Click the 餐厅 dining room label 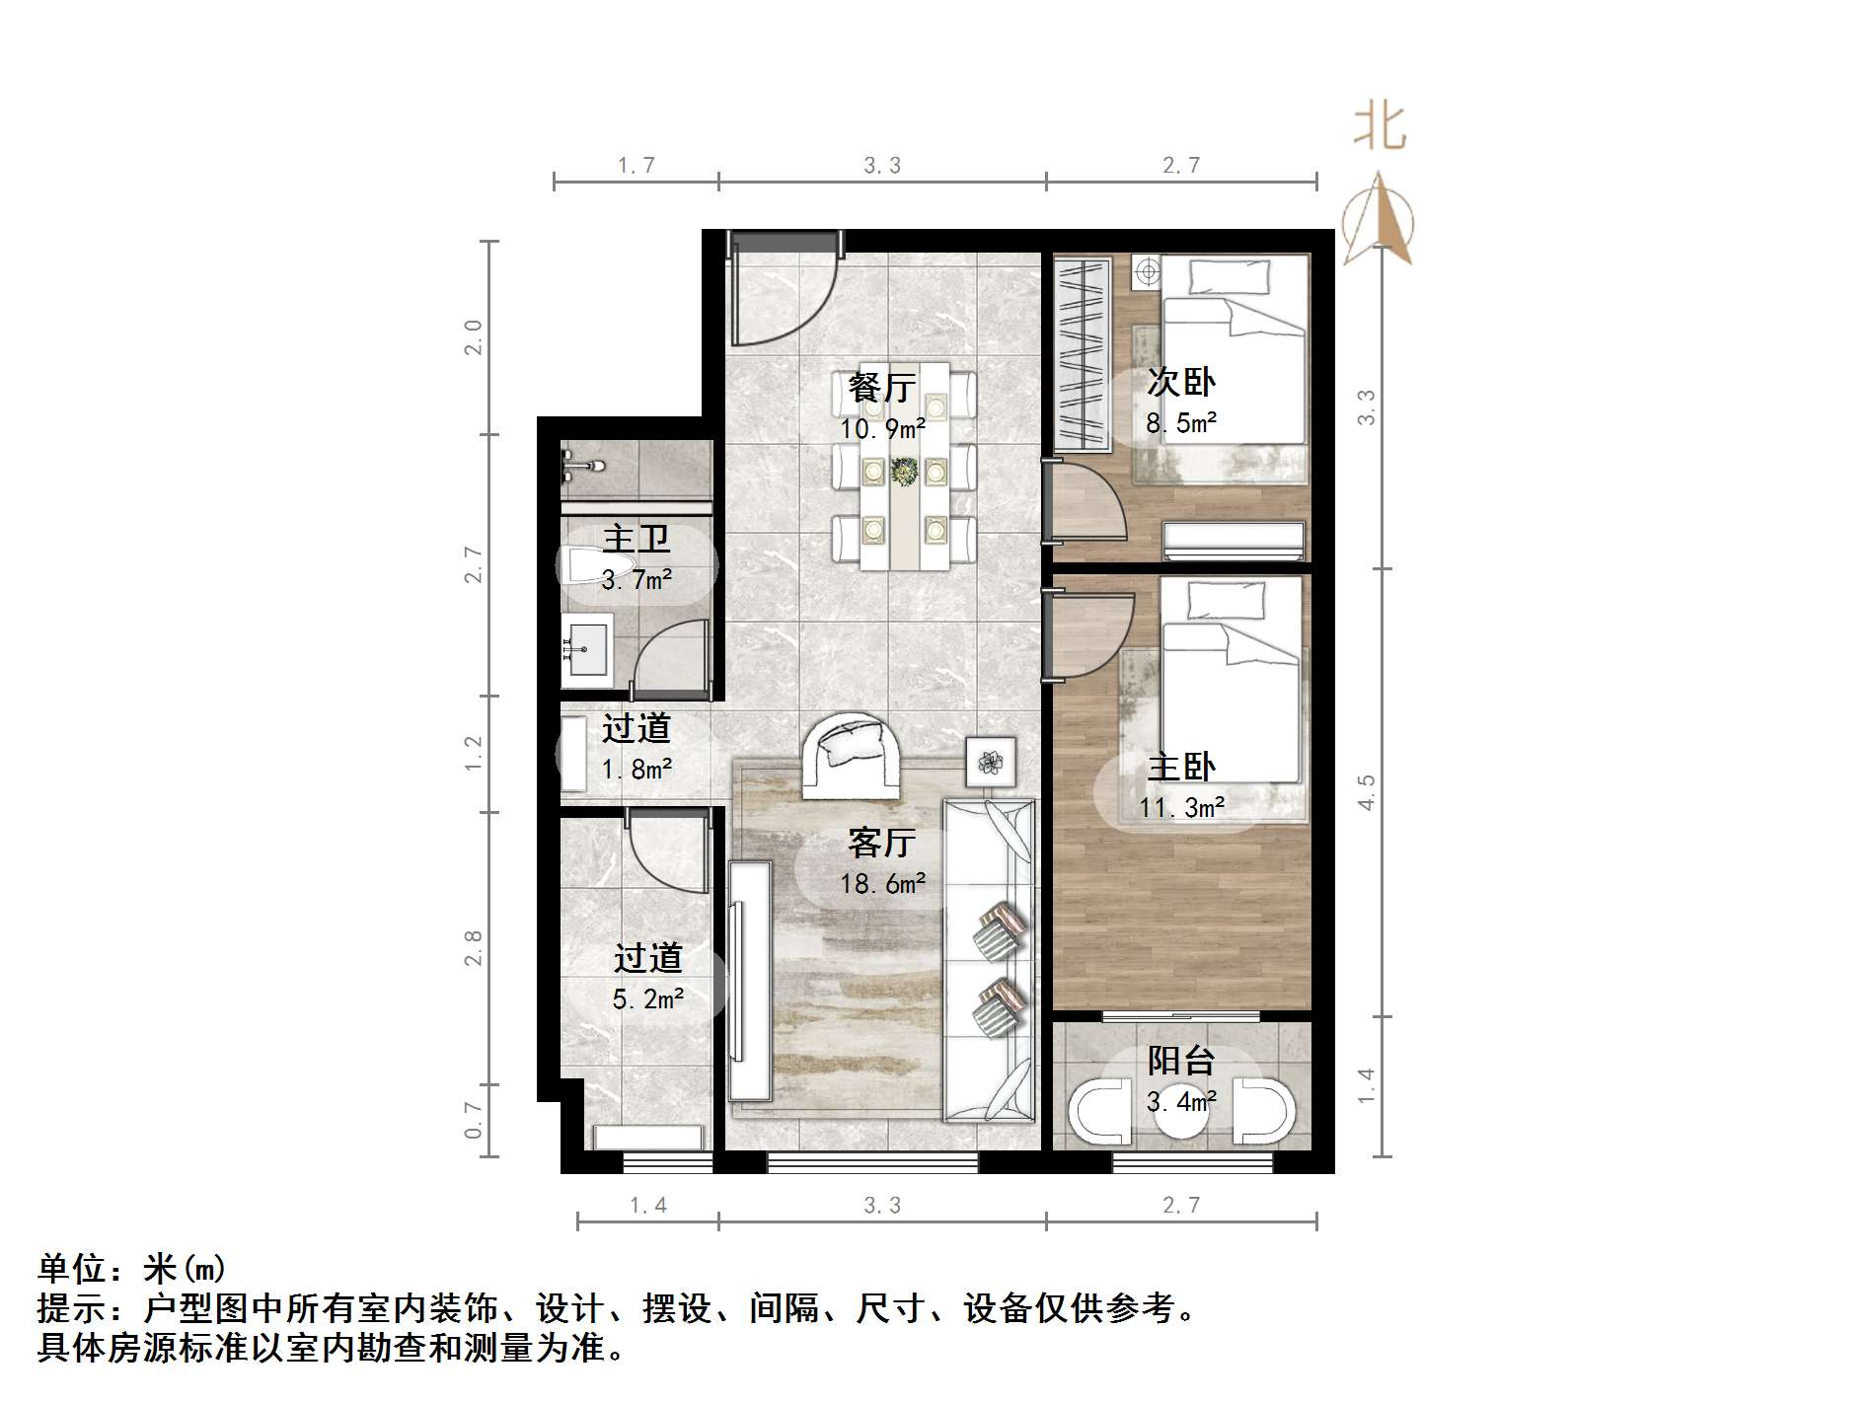tap(882, 387)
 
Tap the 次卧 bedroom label tap(1180, 382)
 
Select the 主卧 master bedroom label tap(1180, 767)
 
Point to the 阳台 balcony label tap(1180, 1061)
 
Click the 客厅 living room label tap(881, 843)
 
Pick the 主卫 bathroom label tap(636, 539)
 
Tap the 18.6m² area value tap(882, 883)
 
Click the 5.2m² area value tap(647, 998)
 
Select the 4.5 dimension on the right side tap(1366, 792)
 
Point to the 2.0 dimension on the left tap(474, 337)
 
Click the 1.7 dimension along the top tap(636, 165)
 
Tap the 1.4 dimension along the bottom tap(647, 1205)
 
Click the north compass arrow tap(1381, 222)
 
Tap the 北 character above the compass tap(1380, 128)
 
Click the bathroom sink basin tap(586, 649)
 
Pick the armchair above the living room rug tap(850, 755)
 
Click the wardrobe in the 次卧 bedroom tap(1080, 353)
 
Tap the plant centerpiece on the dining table tap(904, 471)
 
